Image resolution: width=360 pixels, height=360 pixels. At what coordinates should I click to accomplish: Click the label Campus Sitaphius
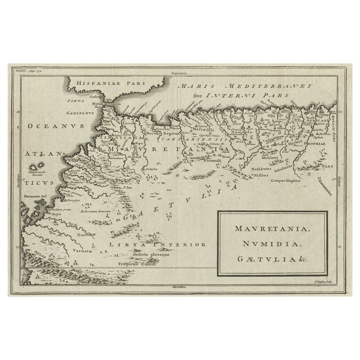coord(290,180)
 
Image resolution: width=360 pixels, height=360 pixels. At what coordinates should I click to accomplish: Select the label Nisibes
coord(262,175)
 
